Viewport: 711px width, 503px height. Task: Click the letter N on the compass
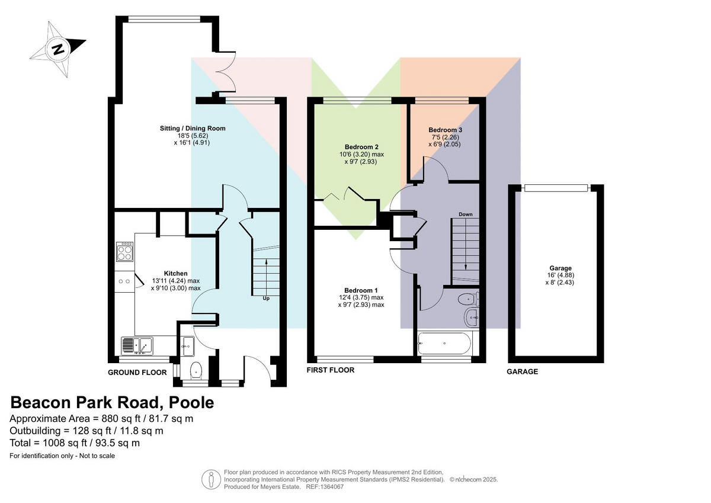tap(58, 50)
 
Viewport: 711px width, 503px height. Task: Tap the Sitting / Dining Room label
tap(193, 128)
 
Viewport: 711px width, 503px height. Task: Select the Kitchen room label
tap(175, 273)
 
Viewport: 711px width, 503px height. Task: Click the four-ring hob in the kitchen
tap(125, 252)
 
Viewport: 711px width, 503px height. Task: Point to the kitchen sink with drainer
tap(137, 345)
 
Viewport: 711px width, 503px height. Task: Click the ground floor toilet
tap(197, 370)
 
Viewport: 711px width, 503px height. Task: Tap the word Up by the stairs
tap(266, 299)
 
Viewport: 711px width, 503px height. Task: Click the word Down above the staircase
tap(465, 214)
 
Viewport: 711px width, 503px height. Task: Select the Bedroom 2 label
tap(361, 147)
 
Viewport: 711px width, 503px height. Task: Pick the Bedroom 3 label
tap(445, 130)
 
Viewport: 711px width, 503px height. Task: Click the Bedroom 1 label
tap(361, 290)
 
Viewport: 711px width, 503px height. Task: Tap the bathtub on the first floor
tap(444, 344)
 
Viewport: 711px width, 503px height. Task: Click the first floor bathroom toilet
tap(469, 299)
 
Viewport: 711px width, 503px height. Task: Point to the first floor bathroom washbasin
tap(472, 317)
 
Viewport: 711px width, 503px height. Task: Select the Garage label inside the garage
tap(561, 268)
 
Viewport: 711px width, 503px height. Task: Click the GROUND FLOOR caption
tap(137, 373)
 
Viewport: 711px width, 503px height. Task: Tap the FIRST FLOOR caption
tap(331, 370)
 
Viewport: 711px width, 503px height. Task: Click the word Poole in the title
tap(191, 402)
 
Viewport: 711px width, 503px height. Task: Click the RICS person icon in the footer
tap(212, 479)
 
